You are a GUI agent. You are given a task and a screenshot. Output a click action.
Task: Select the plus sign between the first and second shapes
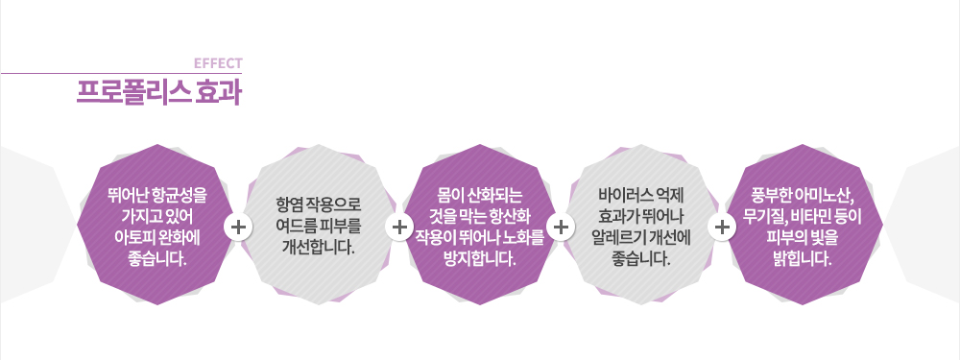click(237, 228)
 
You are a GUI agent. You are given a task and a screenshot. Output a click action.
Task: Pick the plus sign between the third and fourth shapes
click(563, 228)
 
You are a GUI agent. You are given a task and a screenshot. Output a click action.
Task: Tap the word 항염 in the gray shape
click(288, 205)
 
